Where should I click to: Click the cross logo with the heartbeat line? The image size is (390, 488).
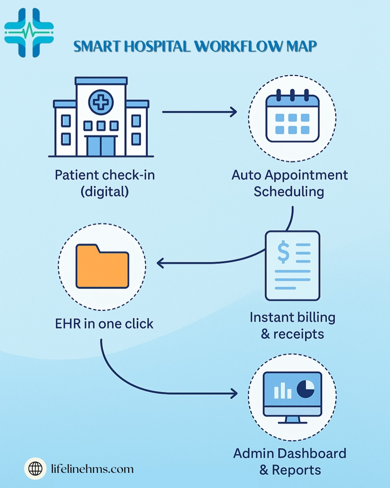point(29,33)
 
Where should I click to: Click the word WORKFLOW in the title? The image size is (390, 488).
point(239,47)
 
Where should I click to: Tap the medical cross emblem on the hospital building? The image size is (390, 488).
point(101,102)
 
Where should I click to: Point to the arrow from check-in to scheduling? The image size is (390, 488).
point(199,112)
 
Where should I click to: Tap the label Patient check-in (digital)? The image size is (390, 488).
point(105,183)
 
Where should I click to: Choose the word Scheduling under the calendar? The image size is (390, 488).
point(289,192)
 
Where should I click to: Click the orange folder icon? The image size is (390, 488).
point(102,266)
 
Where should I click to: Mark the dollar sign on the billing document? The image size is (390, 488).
point(283,252)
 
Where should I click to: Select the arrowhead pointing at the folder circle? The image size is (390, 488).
point(160,263)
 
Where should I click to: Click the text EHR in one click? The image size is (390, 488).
point(104,324)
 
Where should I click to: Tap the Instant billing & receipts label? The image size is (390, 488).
point(292,326)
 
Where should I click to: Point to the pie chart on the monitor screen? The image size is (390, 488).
point(306,389)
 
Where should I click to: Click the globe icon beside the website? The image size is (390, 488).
point(35,469)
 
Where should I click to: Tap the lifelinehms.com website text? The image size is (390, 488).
point(92,469)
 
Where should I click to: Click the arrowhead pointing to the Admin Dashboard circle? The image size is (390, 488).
point(234,393)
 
